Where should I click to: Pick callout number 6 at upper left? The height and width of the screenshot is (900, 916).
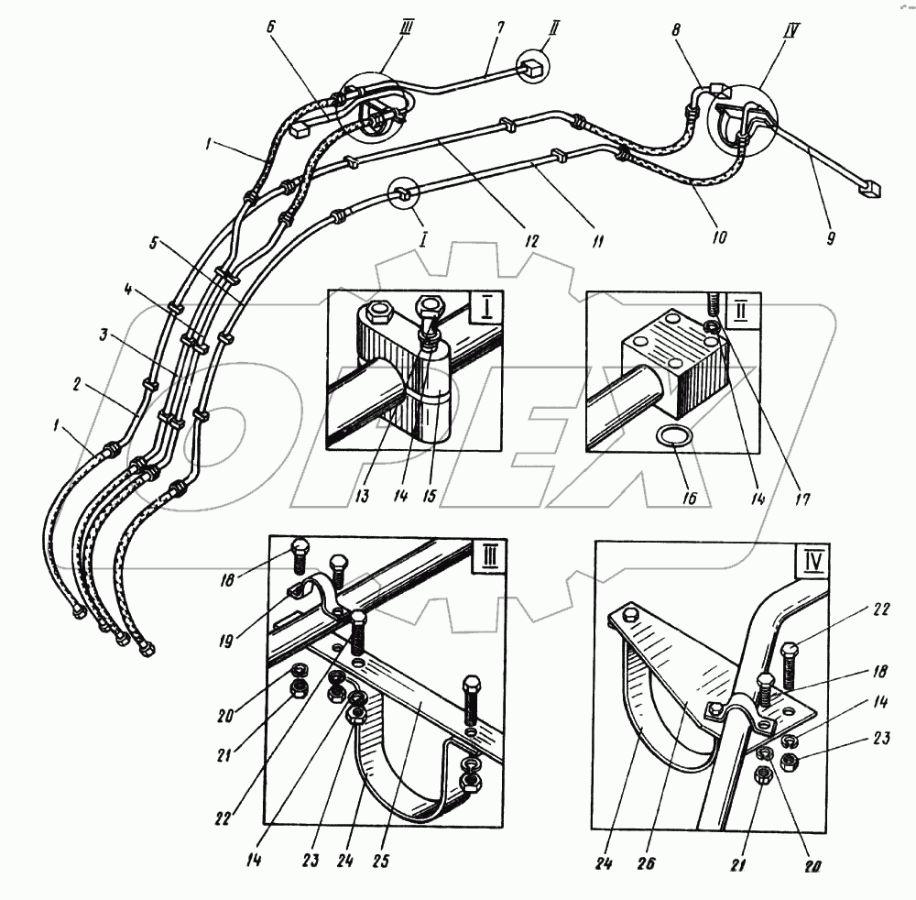click(271, 28)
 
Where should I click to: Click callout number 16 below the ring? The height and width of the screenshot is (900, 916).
click(689, 499)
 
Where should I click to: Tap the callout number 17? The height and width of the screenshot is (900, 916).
click(803, 499)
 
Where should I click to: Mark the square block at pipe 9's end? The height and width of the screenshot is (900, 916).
click(870, 190)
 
